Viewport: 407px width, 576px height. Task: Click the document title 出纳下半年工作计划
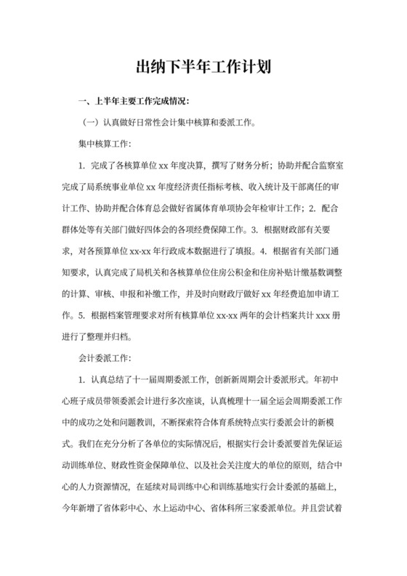tap(203, 69)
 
